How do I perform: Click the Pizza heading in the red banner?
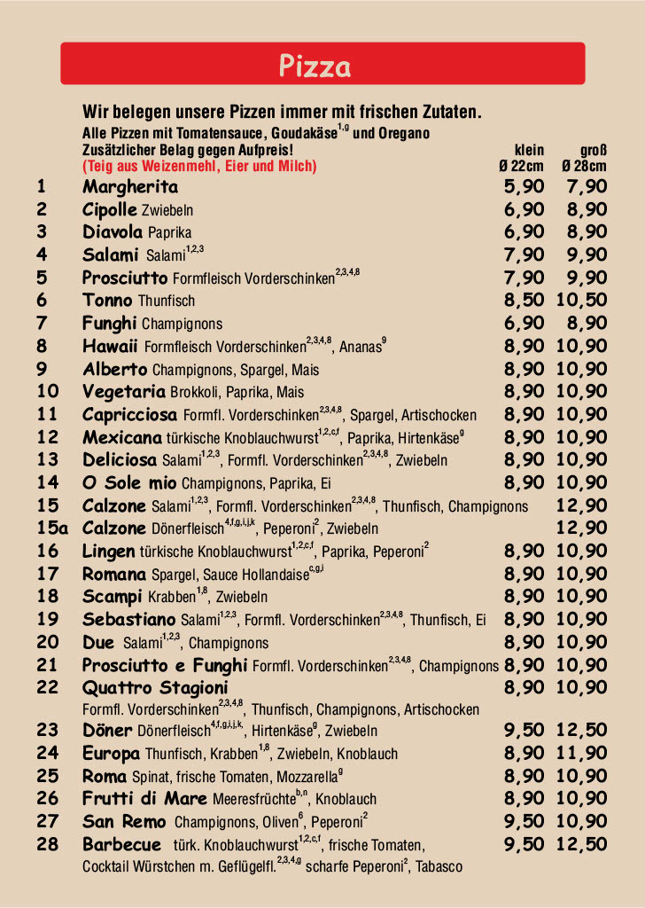click(x=315, y=66)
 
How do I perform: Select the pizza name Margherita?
click(x=130, y=187)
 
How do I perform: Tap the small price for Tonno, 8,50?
click(x=524, y=301)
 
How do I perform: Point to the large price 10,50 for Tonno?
click(x=581, y=301)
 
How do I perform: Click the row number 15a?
click(x=52, y=528)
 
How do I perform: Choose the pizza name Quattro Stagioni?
click(x=155, y=688)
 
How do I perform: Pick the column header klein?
click(x=529, y=150)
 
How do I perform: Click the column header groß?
click(x=594, y=150)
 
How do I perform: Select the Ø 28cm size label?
click(x=584, y=166)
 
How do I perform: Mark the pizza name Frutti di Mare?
click(x=144, y=798)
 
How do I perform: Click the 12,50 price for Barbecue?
click(x=581, y=844)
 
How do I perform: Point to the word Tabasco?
click(x=439, y=866)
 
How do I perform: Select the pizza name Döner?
click(x=108, y=731)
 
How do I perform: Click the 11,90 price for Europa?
click(x=581, y=754)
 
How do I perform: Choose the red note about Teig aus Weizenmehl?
click(x=199, y=166)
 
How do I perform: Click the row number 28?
click(x=48, y=844)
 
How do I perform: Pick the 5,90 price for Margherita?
click(x=524, y=187)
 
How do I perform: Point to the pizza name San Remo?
click(x=124, y=821)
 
